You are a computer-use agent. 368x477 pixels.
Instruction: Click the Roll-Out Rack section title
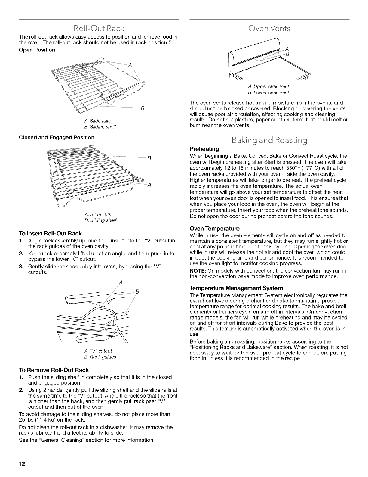tap(99, 29)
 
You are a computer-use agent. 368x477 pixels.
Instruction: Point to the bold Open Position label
tap(37, 50)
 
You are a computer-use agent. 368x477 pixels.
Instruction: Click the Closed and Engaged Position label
tap(57, 137)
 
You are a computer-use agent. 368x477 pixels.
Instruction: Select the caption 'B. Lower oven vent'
tap(268, 92)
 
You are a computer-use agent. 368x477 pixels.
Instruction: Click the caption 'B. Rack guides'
tap(99, 357)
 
